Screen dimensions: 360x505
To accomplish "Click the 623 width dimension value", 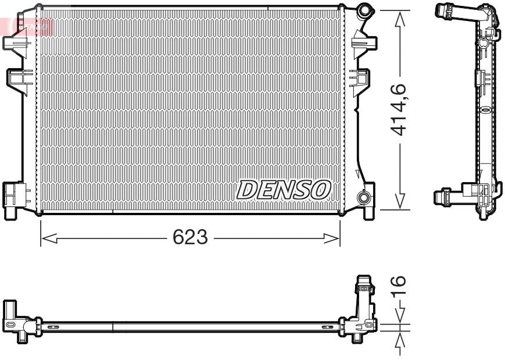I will pos(190,237).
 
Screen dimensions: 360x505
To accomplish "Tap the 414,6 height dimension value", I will pos(399,109).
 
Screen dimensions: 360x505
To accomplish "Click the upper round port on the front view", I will pos(364,10).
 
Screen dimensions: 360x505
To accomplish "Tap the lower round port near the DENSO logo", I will pos(364,198).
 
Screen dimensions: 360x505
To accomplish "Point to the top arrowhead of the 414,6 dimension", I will pos(399,18).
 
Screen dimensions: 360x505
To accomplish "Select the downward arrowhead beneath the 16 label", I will pos(399,318).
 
